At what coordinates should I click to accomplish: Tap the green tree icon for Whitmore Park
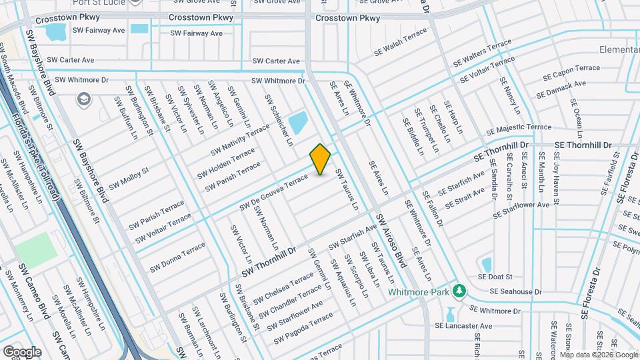(x=459, y=291)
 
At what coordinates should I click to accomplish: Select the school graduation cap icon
(x=83, y=100)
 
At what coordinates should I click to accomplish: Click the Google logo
(x=22, y=351)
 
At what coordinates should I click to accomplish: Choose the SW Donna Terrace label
(x=177, y=257)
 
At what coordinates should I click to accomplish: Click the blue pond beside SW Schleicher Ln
(x=298, y=123)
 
